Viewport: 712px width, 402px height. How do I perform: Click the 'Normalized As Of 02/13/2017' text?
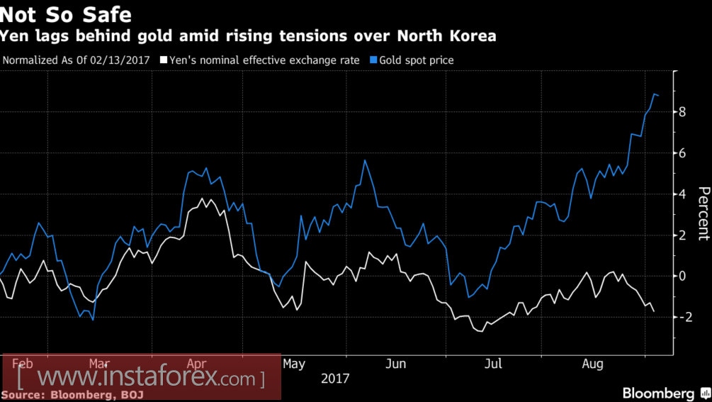pos(77,60)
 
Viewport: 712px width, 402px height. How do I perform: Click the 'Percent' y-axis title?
pos(703,213)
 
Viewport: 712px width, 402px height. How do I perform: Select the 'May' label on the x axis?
pos(293,364)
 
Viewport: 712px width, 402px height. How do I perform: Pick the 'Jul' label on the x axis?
pos(492,364)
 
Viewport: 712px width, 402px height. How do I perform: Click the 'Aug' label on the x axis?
pos(592,364)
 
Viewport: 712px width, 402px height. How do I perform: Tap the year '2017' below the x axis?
pos(335,379)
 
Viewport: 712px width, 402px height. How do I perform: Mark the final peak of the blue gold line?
pos(654,94)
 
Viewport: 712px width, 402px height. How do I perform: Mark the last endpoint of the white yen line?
pos(653,311)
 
